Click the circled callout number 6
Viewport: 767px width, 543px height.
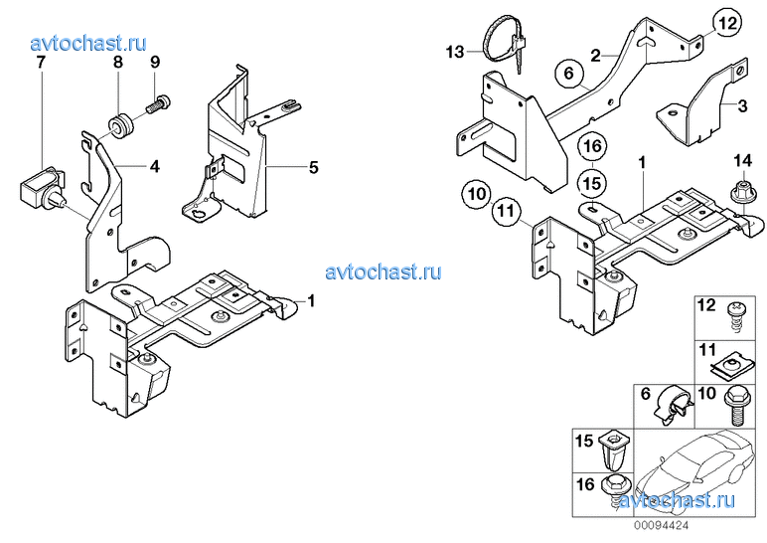[568, 74]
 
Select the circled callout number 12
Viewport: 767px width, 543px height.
[727, 23]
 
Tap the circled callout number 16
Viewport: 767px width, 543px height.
[592, 146]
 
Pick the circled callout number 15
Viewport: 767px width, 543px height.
[592, 184]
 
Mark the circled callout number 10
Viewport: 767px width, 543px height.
[477, 194]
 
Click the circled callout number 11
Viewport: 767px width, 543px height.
[506, 211]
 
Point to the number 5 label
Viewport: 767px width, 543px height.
[314, 167]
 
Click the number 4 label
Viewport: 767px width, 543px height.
[155, 166]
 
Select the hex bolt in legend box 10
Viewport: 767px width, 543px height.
[735, 406]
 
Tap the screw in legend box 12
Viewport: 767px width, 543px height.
[735, 317]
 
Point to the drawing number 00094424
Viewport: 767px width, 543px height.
[662, 526]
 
